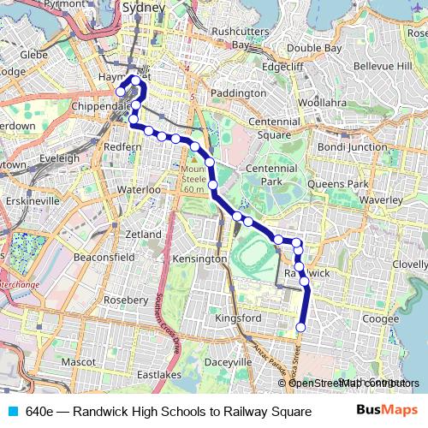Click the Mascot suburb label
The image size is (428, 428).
pyautogui.click(x=78, y=362)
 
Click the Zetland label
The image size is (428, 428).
pyautogui.click(x=143, y=234)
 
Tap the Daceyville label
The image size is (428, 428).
pyautogui.click(x=228, y=362)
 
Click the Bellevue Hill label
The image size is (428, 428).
pyautogui.click(x=382, y=66)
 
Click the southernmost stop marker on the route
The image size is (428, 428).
pyautogui.click(x=300, y=327)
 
